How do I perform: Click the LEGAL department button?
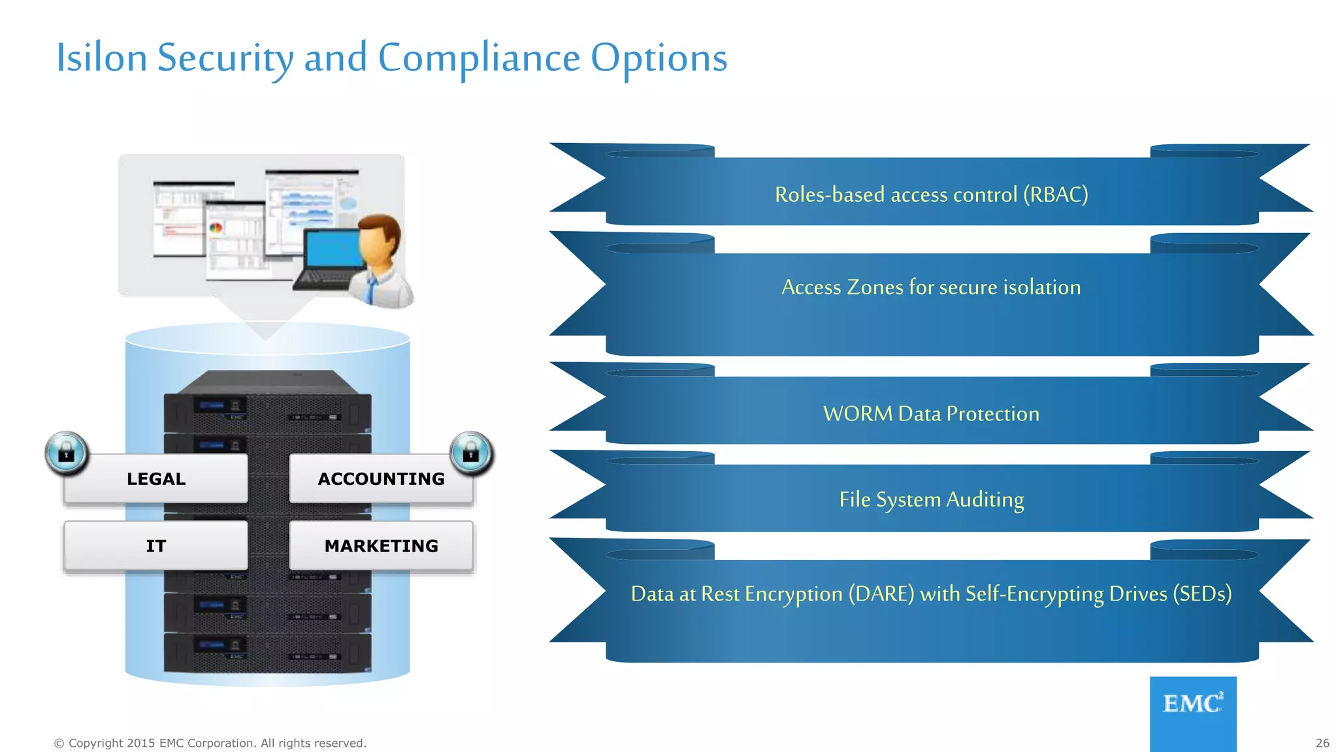155,478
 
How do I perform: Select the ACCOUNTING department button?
381,478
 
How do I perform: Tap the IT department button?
155,546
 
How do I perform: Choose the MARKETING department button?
381,546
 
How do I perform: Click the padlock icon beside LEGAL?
67,452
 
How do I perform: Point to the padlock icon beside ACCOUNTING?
471,452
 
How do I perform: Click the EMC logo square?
1193,713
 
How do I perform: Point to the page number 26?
1322,743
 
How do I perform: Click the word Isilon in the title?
101,57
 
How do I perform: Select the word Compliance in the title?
479,57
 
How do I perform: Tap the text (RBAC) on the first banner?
1055,195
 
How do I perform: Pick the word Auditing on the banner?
985,500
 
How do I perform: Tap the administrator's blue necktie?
371,288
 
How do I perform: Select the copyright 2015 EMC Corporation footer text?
210,743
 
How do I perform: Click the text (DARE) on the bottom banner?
881,594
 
